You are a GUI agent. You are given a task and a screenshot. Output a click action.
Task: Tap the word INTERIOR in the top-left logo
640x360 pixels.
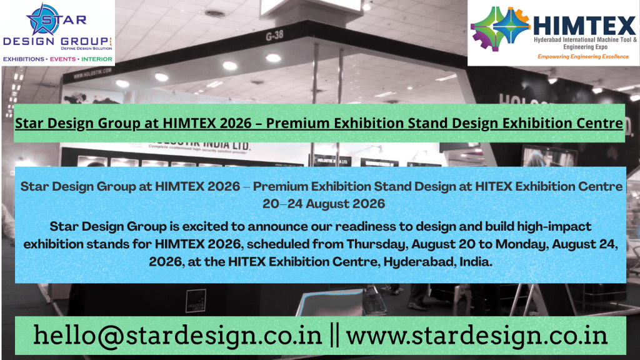click(x=96, y=59)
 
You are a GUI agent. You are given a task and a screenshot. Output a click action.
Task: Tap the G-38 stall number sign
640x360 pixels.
click(x=275, y=37)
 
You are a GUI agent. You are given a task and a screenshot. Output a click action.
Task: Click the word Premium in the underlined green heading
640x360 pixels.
click(x=294, y=122)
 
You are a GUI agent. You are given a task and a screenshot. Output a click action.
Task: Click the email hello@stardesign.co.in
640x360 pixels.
click(x=177, y=335)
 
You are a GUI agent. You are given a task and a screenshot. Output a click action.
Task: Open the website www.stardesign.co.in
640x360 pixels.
click(x=477, y=335)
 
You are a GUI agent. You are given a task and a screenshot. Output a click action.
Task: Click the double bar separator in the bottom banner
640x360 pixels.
click(x=334, y=335)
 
